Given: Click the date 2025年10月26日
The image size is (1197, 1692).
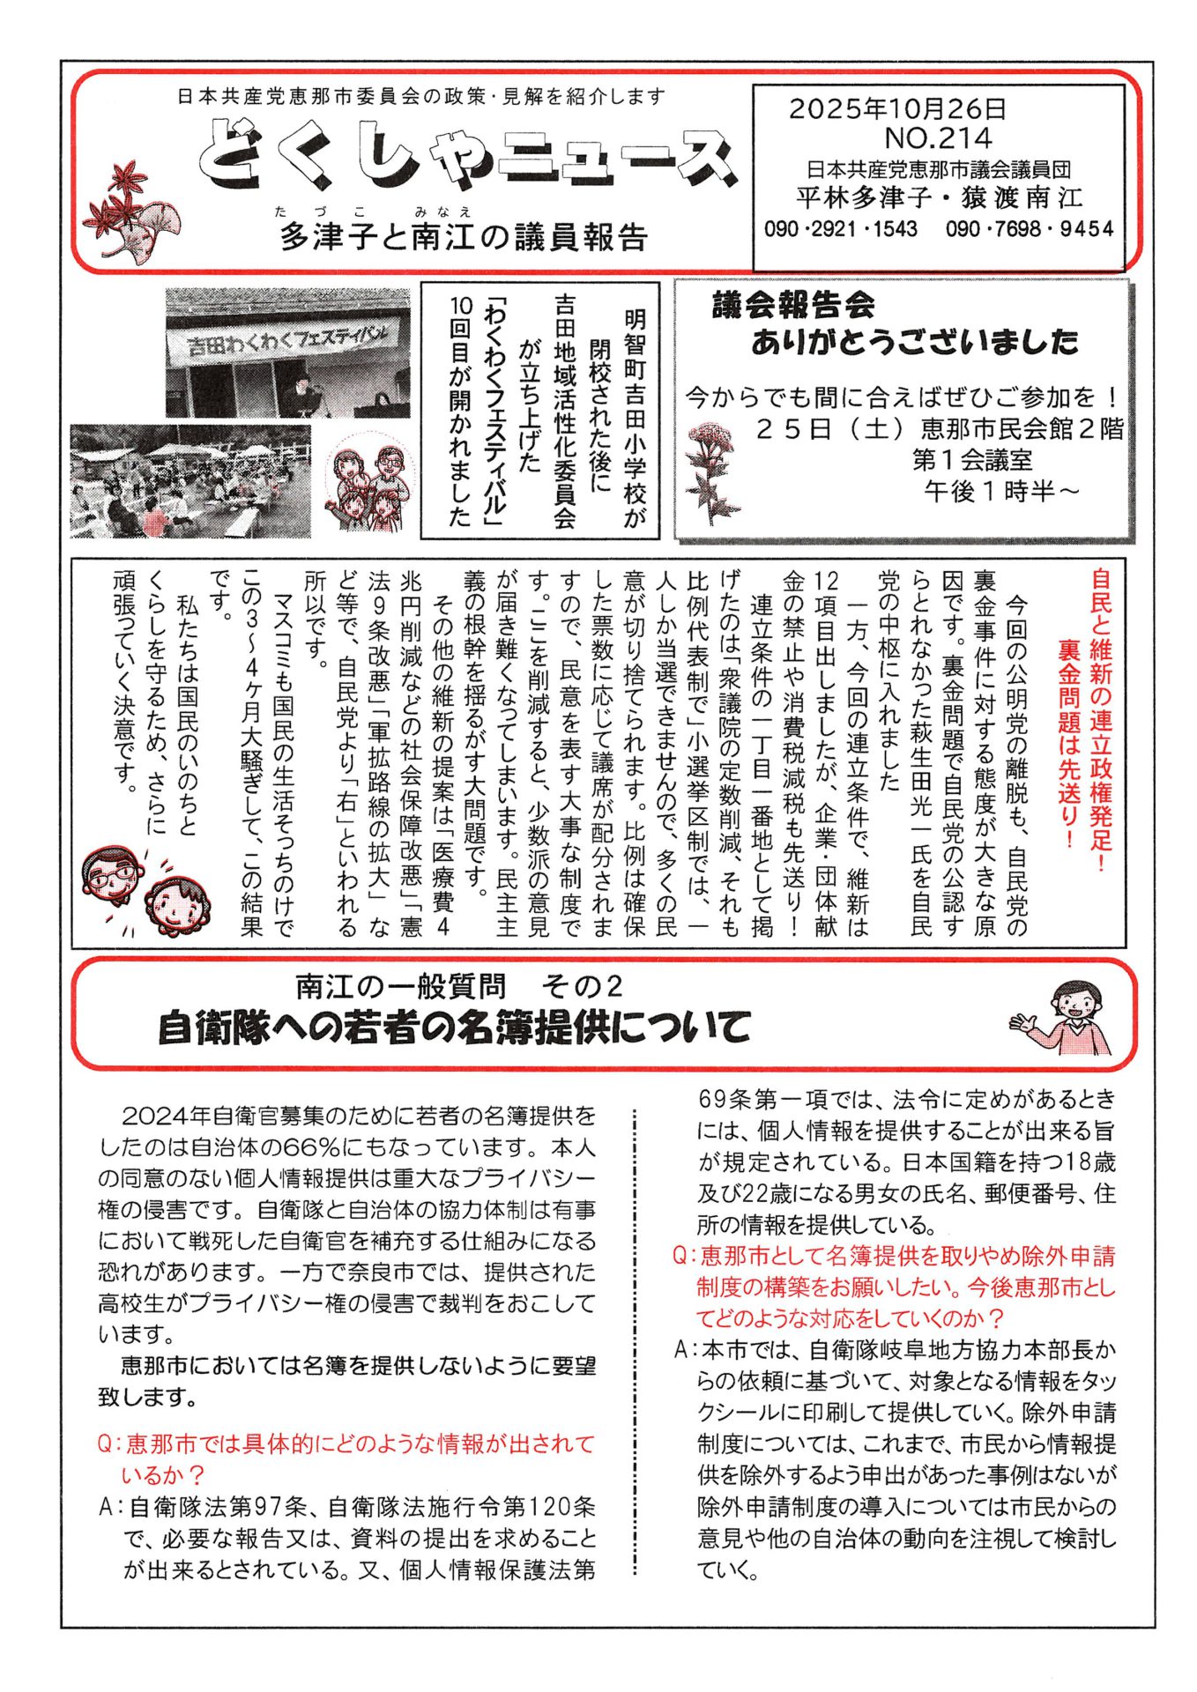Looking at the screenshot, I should pyautogui.click(x=896, y=109).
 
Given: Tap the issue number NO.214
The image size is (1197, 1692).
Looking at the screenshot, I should pyautogui.click(x=938, y=138).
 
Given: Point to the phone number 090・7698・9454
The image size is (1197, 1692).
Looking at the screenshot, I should pyautogui.click(x=1029, y=229).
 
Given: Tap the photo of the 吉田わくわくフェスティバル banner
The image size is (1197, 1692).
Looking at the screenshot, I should pyautogui.click(x=287, y=352).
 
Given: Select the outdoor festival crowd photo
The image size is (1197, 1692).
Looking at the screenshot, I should pyautogui.click(x=190, y=481).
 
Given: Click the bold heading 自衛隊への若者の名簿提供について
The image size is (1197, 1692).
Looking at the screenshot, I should pyautogui.click(x=454, y=1028).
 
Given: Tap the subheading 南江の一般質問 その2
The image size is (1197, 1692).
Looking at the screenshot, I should pyautogui.click(x=459, y=986).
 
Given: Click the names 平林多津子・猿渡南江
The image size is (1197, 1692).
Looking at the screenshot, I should pyautogui.click(x=939, y=197).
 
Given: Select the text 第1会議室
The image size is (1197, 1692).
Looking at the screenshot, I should pyautogui.click(x=972, y=460).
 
